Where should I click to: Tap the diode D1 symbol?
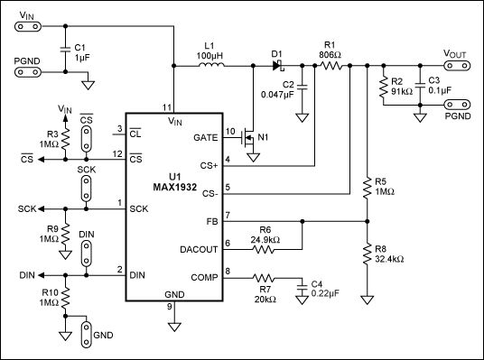278,66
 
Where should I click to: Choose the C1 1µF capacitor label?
80,51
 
